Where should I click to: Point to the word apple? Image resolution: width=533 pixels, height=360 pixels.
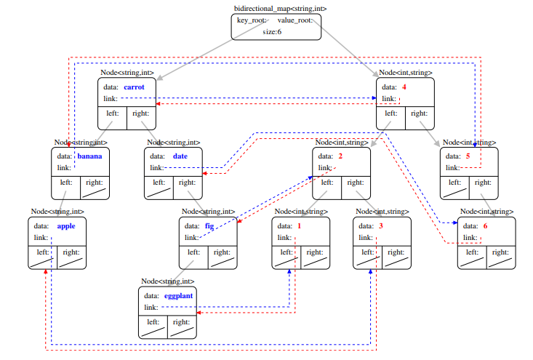(x=66, y=225)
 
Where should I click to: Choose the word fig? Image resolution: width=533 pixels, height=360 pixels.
(x=209, y=225)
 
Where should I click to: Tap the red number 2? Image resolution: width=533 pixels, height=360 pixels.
(x=340, y=156)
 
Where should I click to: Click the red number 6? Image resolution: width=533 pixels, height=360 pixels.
(x=486, y=225)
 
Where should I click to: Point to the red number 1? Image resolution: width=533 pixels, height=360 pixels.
(x=298, y=225)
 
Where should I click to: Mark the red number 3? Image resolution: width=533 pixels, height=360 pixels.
(x=380, y=225)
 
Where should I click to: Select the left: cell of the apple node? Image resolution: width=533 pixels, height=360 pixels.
(x=42, y=257)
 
